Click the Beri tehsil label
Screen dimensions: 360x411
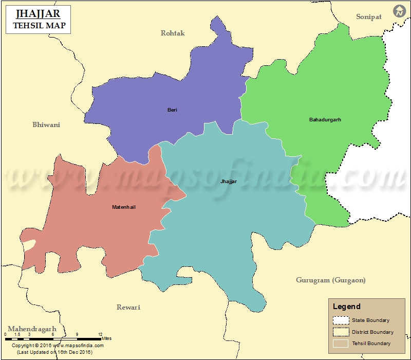172,110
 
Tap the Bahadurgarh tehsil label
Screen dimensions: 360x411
325,120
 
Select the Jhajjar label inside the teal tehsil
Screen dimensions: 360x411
229,182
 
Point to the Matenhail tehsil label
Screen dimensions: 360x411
124,207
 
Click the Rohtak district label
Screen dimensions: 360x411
173,33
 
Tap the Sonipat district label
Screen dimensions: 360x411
369,17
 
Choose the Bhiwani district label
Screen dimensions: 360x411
46,124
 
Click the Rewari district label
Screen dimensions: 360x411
128,307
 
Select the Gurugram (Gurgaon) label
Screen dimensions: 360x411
331,280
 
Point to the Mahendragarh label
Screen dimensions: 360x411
32,329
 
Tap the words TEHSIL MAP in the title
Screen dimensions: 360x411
39,25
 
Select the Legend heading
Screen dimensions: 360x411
346,307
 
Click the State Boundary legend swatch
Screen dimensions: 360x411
341,320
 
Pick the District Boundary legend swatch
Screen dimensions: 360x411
341,332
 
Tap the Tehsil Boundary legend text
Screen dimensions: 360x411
371,343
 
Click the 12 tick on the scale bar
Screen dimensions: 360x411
100,334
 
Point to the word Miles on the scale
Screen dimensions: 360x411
106,338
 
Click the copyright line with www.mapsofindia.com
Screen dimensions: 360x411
58,346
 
